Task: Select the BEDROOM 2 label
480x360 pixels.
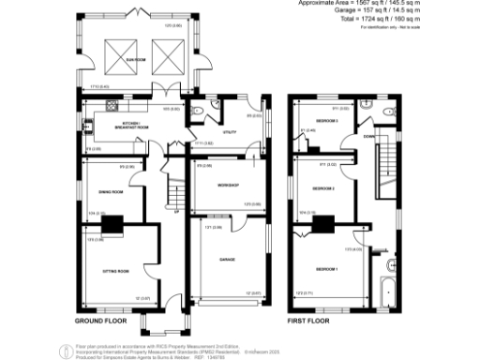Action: tap(323, 187)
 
